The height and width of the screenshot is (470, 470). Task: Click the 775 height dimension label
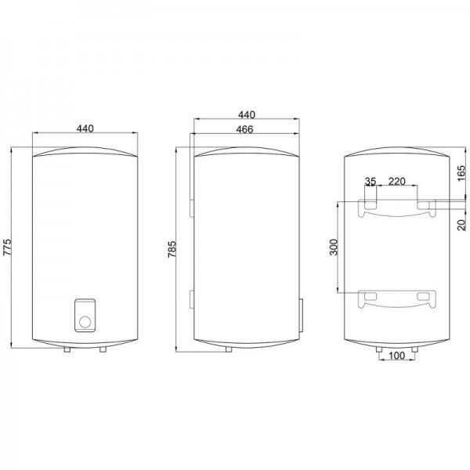pyautogui.click(x=7, y=247)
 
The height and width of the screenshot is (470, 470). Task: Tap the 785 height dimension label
pyautogui.click(x=172, y=249)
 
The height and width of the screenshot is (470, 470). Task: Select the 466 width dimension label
pyautogui.click(x=244, y=129)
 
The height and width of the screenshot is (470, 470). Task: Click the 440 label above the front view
pyautogui.click(x=85, y=128)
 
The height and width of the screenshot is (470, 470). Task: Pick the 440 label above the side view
pyautogui.click(x=247, y=114)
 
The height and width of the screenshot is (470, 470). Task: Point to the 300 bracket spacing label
pyautogui.click(x=334, y=247)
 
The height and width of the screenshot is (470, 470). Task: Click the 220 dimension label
pyautogui.click(x=396, y=181)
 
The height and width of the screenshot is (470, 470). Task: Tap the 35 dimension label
pyautogui.click(x=371, y=181)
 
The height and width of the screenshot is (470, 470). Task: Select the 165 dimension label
pyautogui.click(x=462, y=173)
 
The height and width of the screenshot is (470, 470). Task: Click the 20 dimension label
pyautogui.click(x=462, y=225)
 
